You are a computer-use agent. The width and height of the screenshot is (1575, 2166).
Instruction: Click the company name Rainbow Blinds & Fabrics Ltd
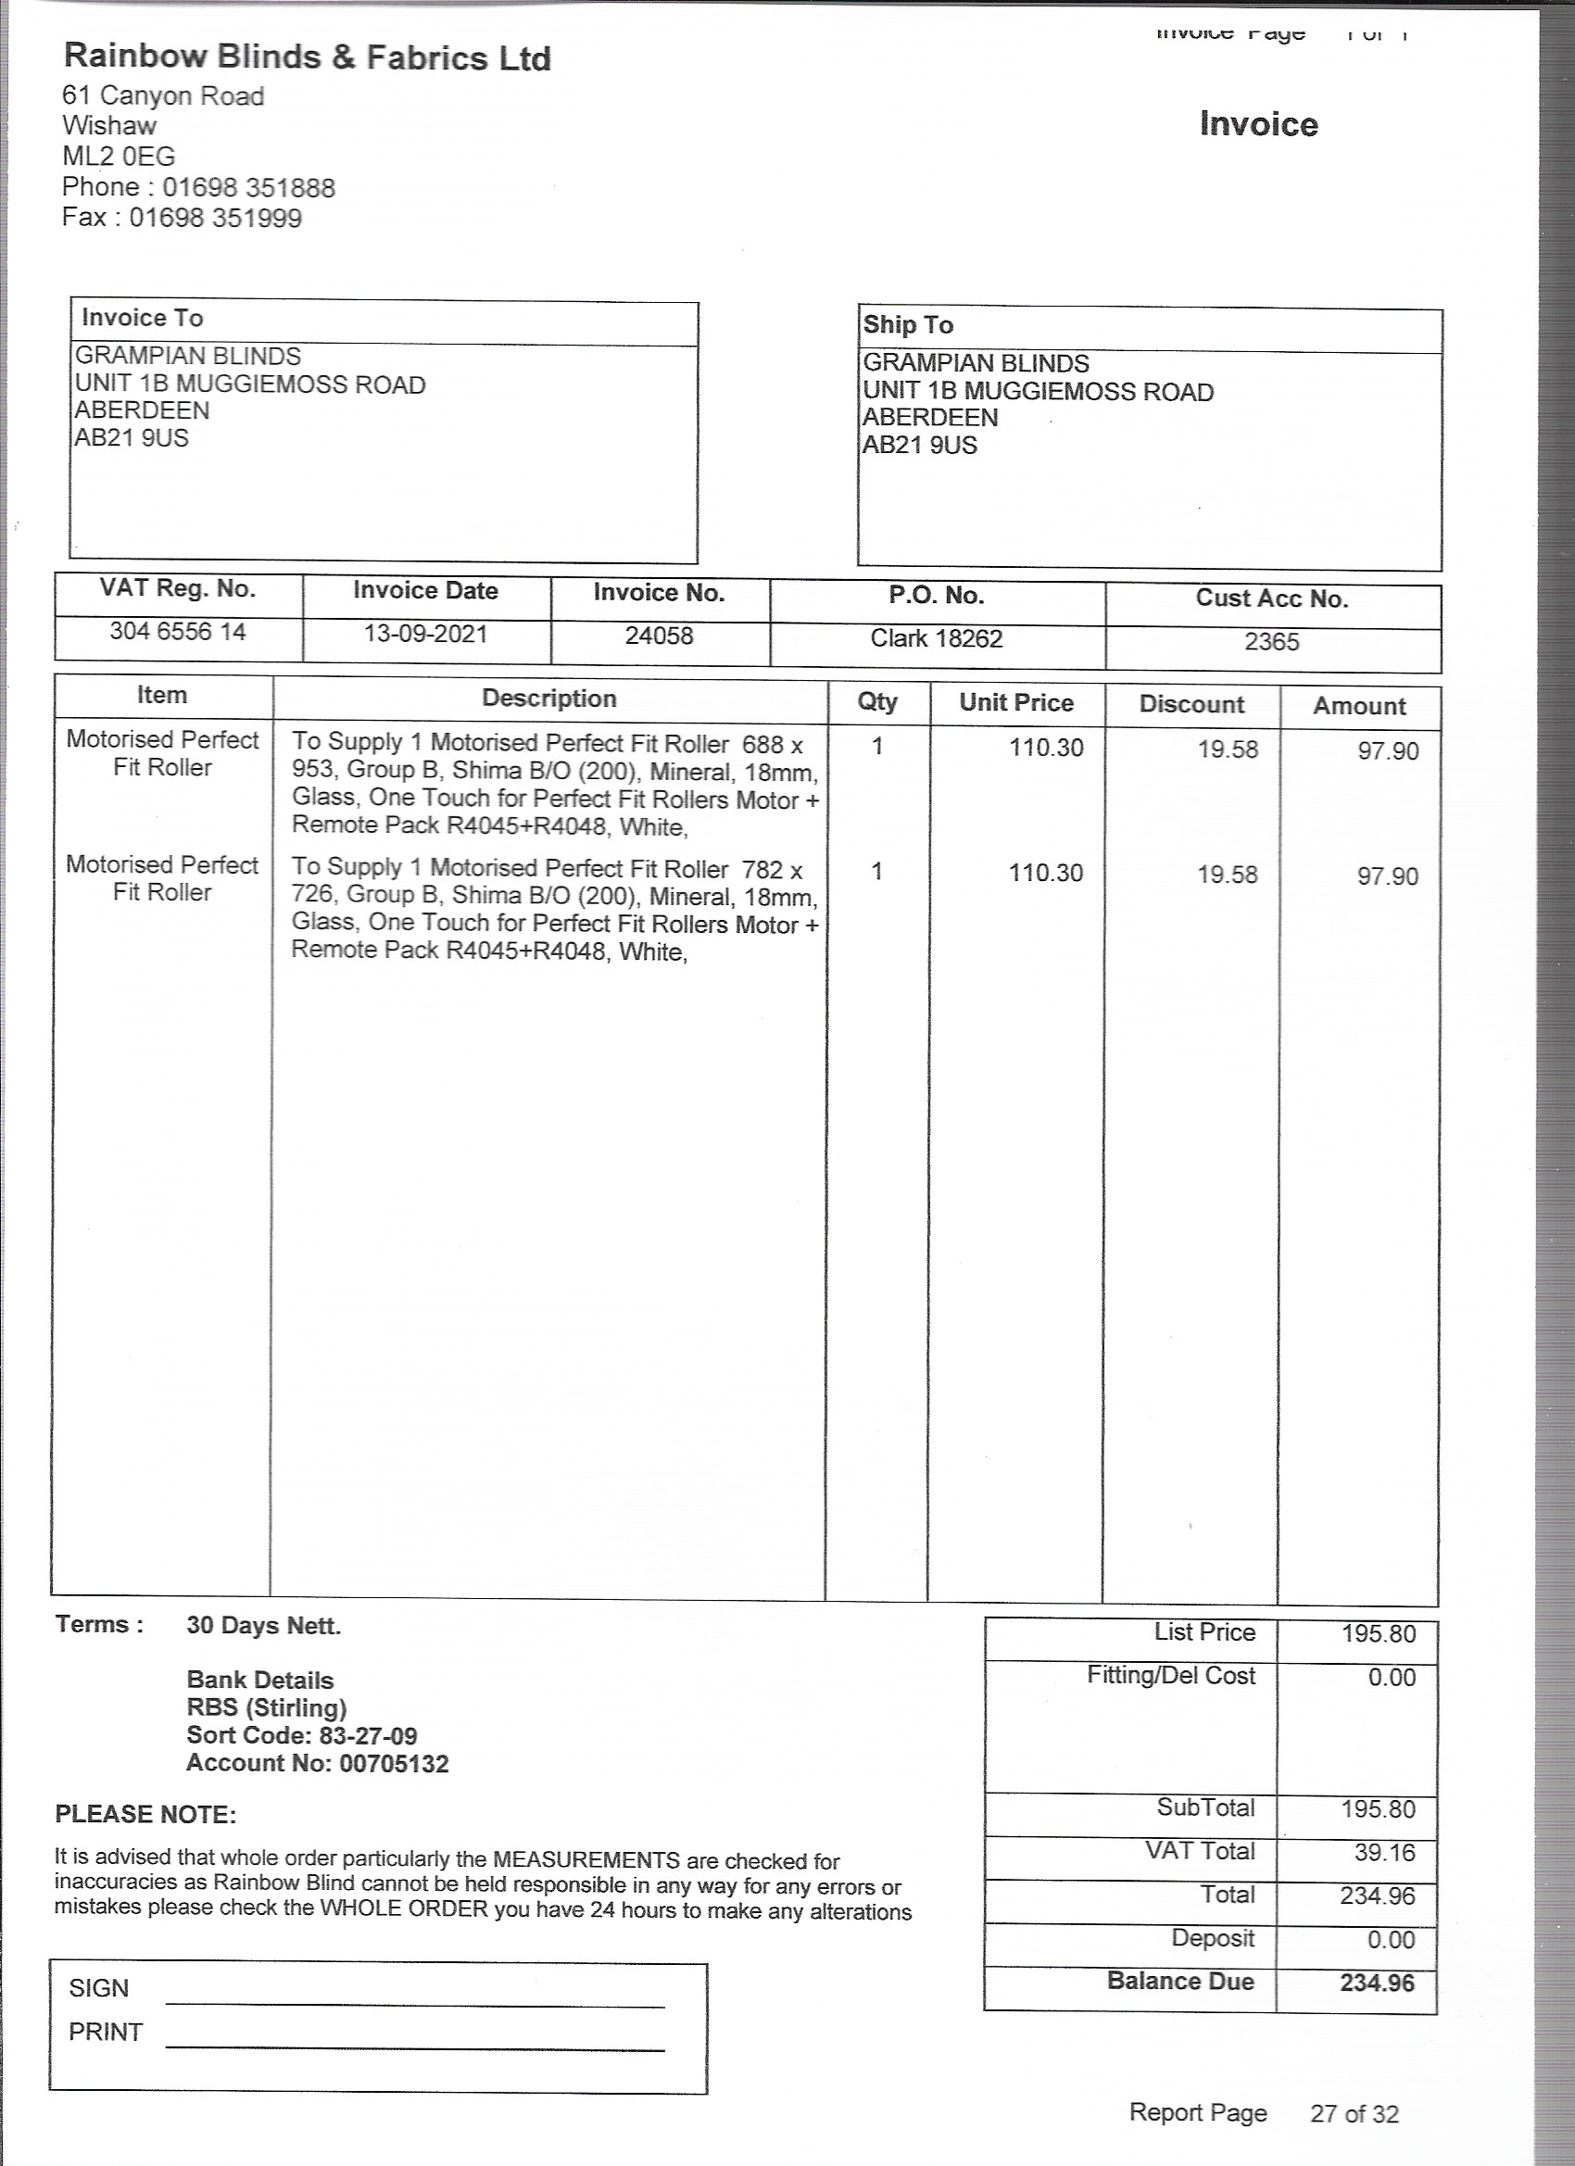pos(307,58)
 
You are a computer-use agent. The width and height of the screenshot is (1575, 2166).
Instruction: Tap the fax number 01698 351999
pos(215,218)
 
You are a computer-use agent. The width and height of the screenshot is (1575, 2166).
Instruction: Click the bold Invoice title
pos(1258,124)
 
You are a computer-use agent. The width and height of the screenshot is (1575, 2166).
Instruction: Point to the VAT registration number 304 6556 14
pos(178,631)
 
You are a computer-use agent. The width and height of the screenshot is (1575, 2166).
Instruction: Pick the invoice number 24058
pos(659,636)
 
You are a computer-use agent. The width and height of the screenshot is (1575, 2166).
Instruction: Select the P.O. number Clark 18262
pos(936,638)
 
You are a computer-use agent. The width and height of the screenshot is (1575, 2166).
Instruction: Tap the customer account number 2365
pos(1271,642)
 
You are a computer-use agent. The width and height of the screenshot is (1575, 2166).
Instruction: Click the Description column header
pos(549,699)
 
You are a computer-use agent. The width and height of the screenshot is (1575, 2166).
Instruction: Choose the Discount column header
pos(1191,705)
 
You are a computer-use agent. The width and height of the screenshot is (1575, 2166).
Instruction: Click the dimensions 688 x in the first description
pos(772,745)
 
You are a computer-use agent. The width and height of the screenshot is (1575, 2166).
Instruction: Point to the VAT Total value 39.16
pos(1384,1853)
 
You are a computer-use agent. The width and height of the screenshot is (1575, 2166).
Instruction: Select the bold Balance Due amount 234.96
pos(1377,1983)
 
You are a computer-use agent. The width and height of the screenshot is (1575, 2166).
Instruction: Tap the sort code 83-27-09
pos(368,1735)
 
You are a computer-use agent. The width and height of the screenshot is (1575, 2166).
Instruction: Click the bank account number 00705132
pos(394,1763)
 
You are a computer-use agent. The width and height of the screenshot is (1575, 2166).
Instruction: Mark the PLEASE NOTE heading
pos(145,1815)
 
